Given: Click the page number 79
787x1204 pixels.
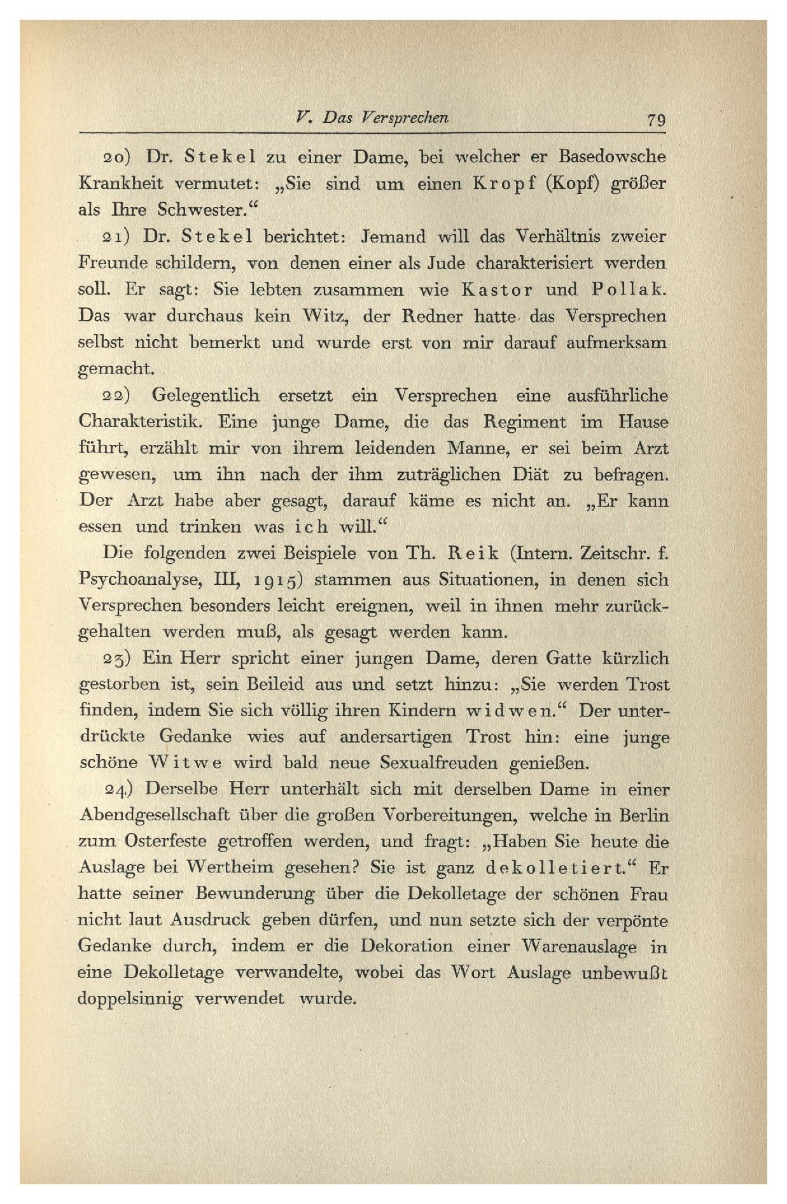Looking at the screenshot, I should coord(655,120).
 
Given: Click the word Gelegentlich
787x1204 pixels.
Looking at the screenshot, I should coord(205,396).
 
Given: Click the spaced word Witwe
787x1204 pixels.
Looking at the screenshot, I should coord(185,762).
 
